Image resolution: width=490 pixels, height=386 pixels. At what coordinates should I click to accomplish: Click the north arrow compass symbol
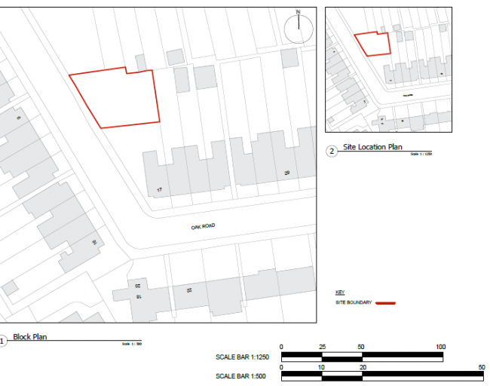click(x=298, y=29)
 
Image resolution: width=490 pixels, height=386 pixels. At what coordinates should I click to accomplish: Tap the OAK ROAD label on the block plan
click(x=204, y=225)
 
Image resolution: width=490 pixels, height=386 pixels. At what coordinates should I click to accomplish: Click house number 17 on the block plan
click(x=159, y=189)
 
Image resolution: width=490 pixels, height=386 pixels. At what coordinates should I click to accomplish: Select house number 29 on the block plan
click(x=286, y=173)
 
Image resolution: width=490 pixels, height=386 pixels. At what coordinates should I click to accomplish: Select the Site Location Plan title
click(x=372, y=147)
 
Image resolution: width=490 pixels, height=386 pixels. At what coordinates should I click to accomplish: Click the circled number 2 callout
click(x=332, y=151)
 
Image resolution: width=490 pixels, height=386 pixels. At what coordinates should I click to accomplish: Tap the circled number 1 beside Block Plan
click(x=2, y=341)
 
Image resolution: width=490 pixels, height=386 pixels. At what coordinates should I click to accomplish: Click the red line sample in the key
click(x=384, y=303)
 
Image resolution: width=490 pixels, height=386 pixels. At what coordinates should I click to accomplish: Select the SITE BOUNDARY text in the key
click(x=354, y=303)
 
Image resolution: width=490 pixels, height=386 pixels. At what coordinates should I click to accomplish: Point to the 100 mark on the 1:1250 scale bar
click(x=440, y=347)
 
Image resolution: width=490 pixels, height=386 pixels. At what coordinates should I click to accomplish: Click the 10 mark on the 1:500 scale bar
click(x=321, y=367)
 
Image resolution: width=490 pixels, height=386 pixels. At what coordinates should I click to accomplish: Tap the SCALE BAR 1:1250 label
click(x=240, y=357)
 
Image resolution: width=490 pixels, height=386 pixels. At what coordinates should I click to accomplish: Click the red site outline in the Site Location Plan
click(x=373, y=44)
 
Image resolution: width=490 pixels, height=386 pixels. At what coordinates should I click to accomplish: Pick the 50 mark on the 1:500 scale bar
click(x=480, y=367)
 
